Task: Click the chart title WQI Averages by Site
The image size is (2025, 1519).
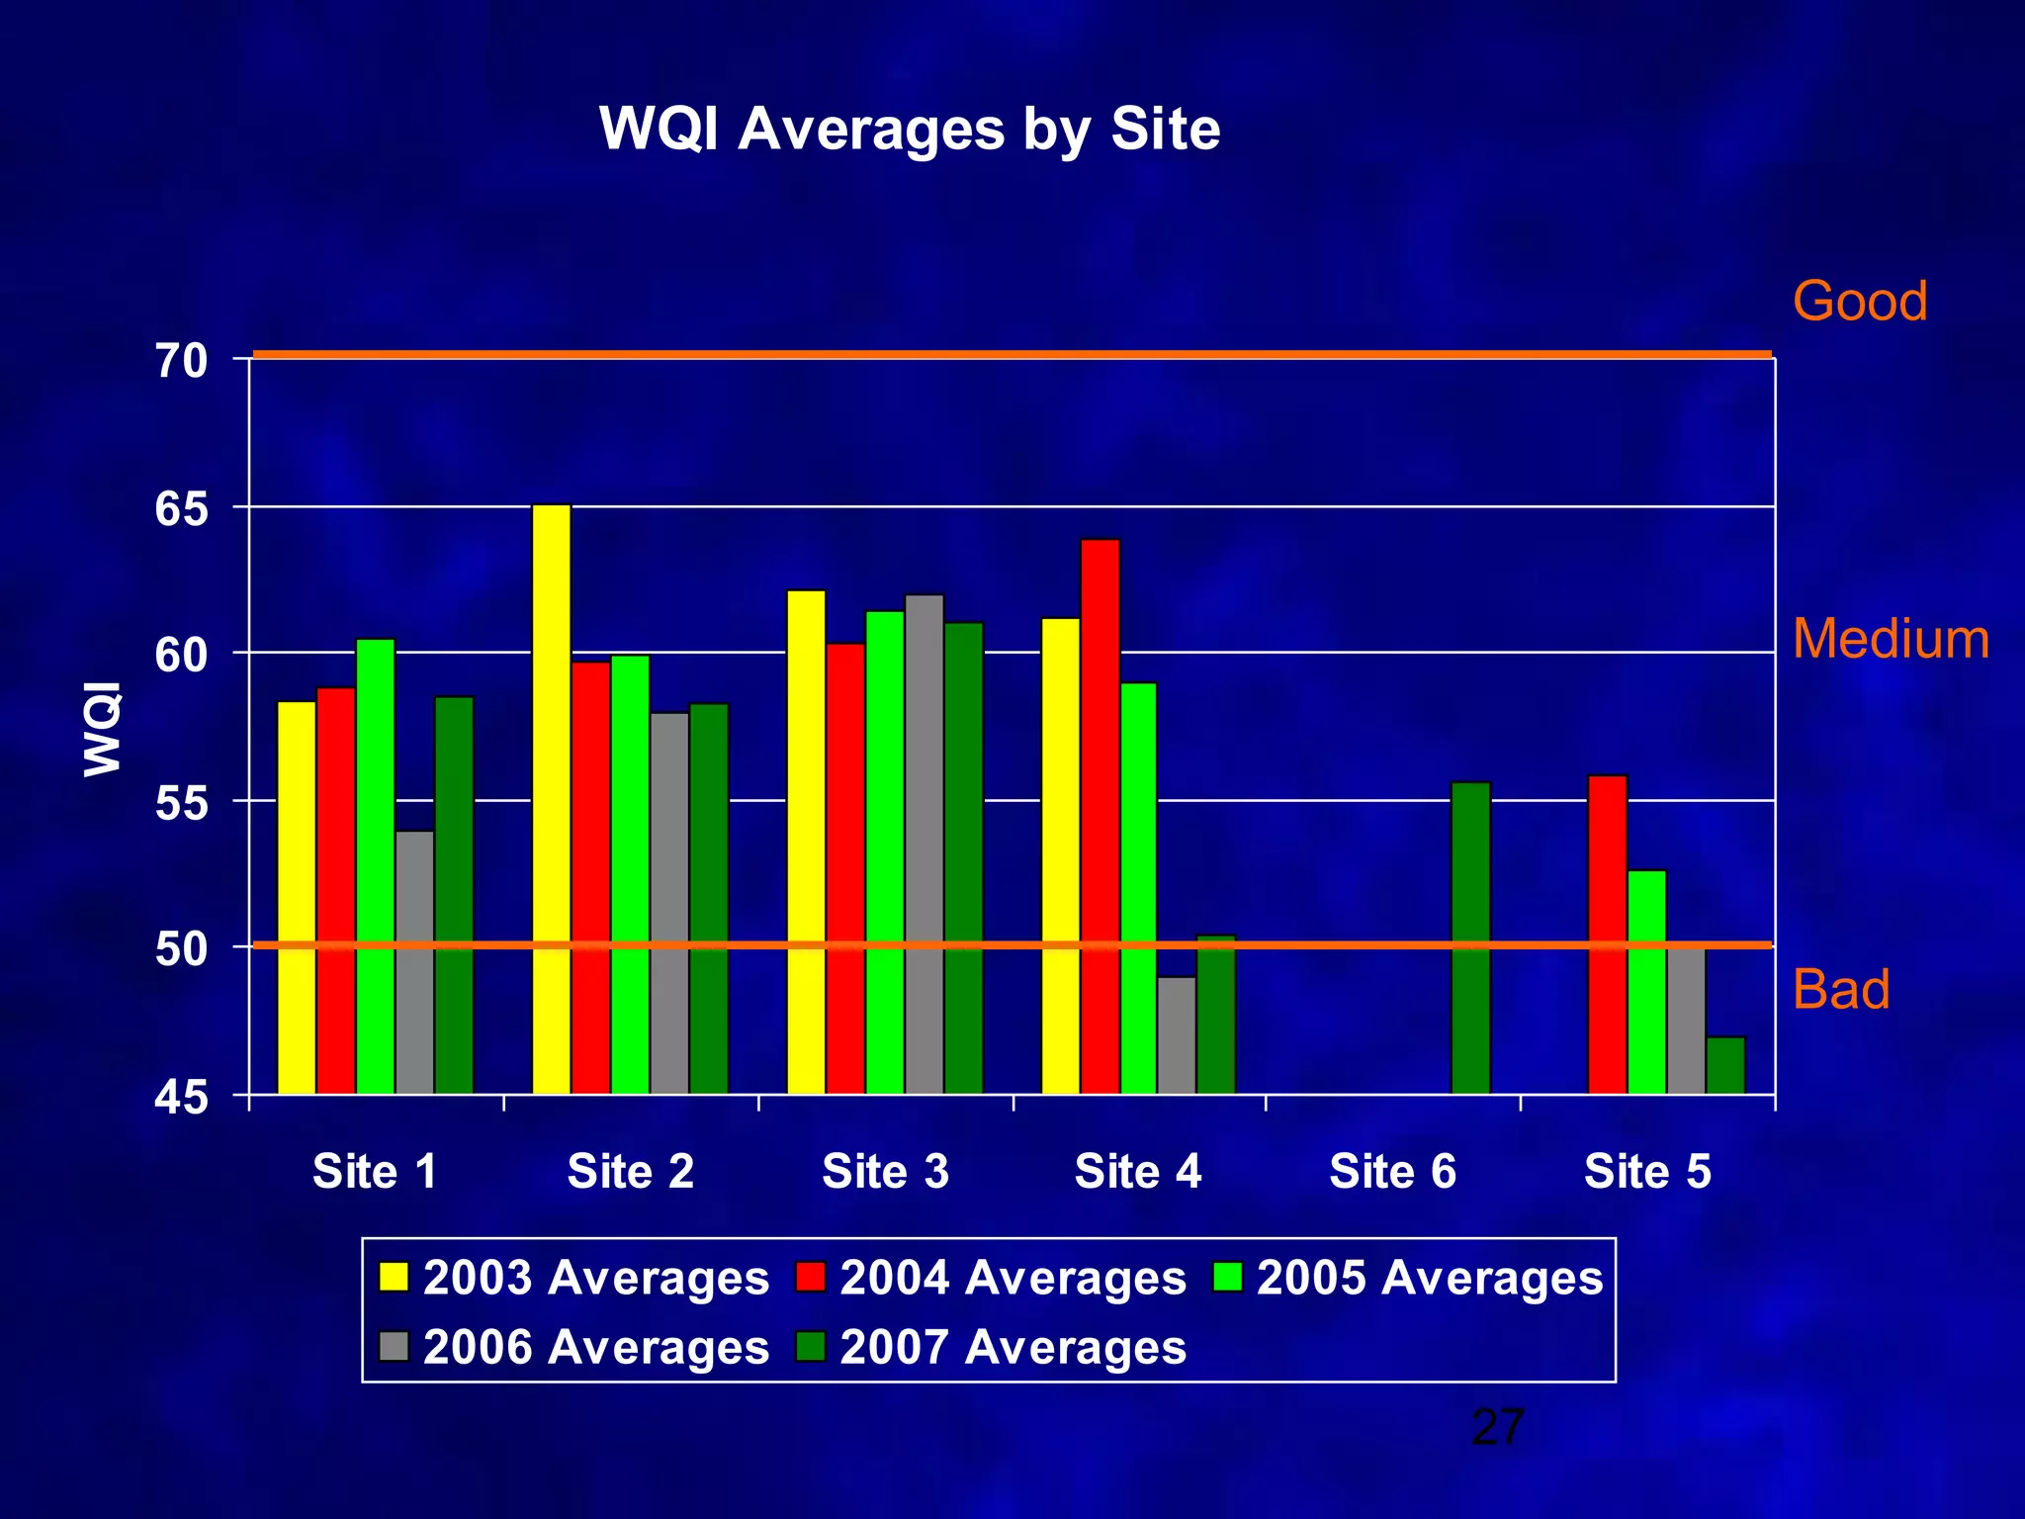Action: pos(910,129)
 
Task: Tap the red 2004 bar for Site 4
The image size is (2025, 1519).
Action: pos(1101,816)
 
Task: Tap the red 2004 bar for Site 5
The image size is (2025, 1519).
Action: pos(1607,935)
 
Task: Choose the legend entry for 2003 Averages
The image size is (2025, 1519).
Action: pos(574,1278)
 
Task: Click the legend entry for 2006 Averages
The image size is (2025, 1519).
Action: pos(574,1347)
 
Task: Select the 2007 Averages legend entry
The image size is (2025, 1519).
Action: pos(992,1347)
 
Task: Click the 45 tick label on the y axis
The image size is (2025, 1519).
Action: pos(182,1097)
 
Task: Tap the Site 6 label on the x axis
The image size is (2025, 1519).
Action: pos(1392,1172)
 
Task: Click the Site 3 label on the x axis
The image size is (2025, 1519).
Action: pos(885,1172)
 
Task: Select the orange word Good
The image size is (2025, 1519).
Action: pos(1860,301)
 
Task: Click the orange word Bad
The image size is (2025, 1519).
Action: pos(1841,989)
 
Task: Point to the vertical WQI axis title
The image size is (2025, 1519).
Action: pos(103,729)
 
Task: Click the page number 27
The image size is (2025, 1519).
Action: pos(1498,1427)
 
